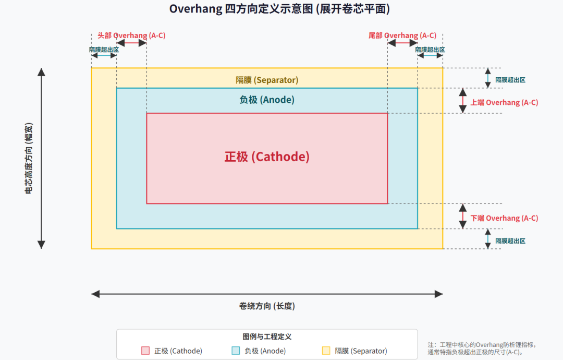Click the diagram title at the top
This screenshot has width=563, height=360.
[279, 9]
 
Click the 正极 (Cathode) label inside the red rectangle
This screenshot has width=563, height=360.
[267, 157]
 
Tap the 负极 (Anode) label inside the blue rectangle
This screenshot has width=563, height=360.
[267, 100]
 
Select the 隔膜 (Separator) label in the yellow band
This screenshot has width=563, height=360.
[267, 80]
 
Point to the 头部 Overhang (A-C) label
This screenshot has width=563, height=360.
[131, 35]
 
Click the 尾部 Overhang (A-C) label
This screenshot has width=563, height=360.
[402, 35]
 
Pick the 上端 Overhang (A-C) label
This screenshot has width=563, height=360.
[505, 102]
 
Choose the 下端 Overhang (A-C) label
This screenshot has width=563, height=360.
[505, 218]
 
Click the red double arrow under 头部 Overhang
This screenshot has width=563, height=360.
[131, 43]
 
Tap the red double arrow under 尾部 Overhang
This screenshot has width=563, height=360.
[402, 43]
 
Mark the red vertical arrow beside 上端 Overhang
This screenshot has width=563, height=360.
[463, 101]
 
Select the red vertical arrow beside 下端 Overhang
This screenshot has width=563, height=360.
[463, 216]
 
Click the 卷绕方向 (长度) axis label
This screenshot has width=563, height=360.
[267, 306]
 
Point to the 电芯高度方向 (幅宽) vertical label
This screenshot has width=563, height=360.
[29, 159]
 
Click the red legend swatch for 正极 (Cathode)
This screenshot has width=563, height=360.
[145, 351]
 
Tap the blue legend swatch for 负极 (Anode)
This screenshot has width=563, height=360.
[236, 351]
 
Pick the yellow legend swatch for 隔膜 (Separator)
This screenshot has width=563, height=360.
[326, 351]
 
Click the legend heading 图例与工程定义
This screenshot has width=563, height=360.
[267, 337]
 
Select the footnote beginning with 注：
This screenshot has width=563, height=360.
[482, 349]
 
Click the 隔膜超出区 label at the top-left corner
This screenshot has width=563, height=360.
[104, 50]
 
